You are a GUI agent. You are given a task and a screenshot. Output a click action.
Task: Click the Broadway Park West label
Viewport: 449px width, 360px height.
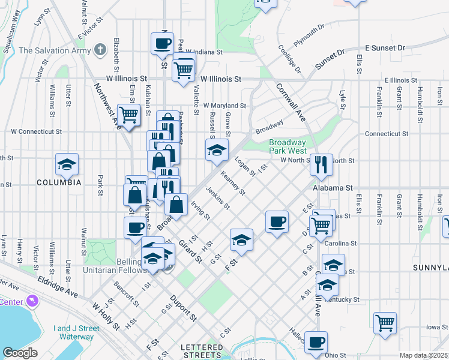tap(288, 146)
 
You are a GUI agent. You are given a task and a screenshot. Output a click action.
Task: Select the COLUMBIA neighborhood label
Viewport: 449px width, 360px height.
tap(58, 182)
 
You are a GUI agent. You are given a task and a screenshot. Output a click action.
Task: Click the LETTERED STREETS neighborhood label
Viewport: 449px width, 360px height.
tap(202, 351)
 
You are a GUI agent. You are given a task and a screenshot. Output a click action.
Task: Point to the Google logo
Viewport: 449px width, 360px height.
tap(20, 353)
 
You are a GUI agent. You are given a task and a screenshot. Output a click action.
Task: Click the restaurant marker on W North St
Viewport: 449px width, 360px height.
tap(321, 164)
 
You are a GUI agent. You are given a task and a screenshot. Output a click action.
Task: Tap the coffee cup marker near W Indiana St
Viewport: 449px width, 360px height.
tap(163, 44)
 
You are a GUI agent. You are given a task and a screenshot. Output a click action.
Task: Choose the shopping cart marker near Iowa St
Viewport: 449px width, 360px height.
tap(385, 323)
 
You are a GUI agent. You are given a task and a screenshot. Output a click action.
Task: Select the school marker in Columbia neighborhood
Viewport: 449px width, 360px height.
tap(67, 164)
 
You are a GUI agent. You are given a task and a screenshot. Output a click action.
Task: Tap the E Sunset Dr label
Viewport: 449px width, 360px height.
tap(385, 47)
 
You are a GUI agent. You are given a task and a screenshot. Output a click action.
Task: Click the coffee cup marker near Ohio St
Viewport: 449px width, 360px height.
tap(316, 343)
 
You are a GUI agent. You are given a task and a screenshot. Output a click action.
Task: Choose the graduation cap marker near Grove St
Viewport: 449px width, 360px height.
tap(217, 149)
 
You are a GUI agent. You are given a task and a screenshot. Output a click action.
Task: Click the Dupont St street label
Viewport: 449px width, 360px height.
tap(184, 305)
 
